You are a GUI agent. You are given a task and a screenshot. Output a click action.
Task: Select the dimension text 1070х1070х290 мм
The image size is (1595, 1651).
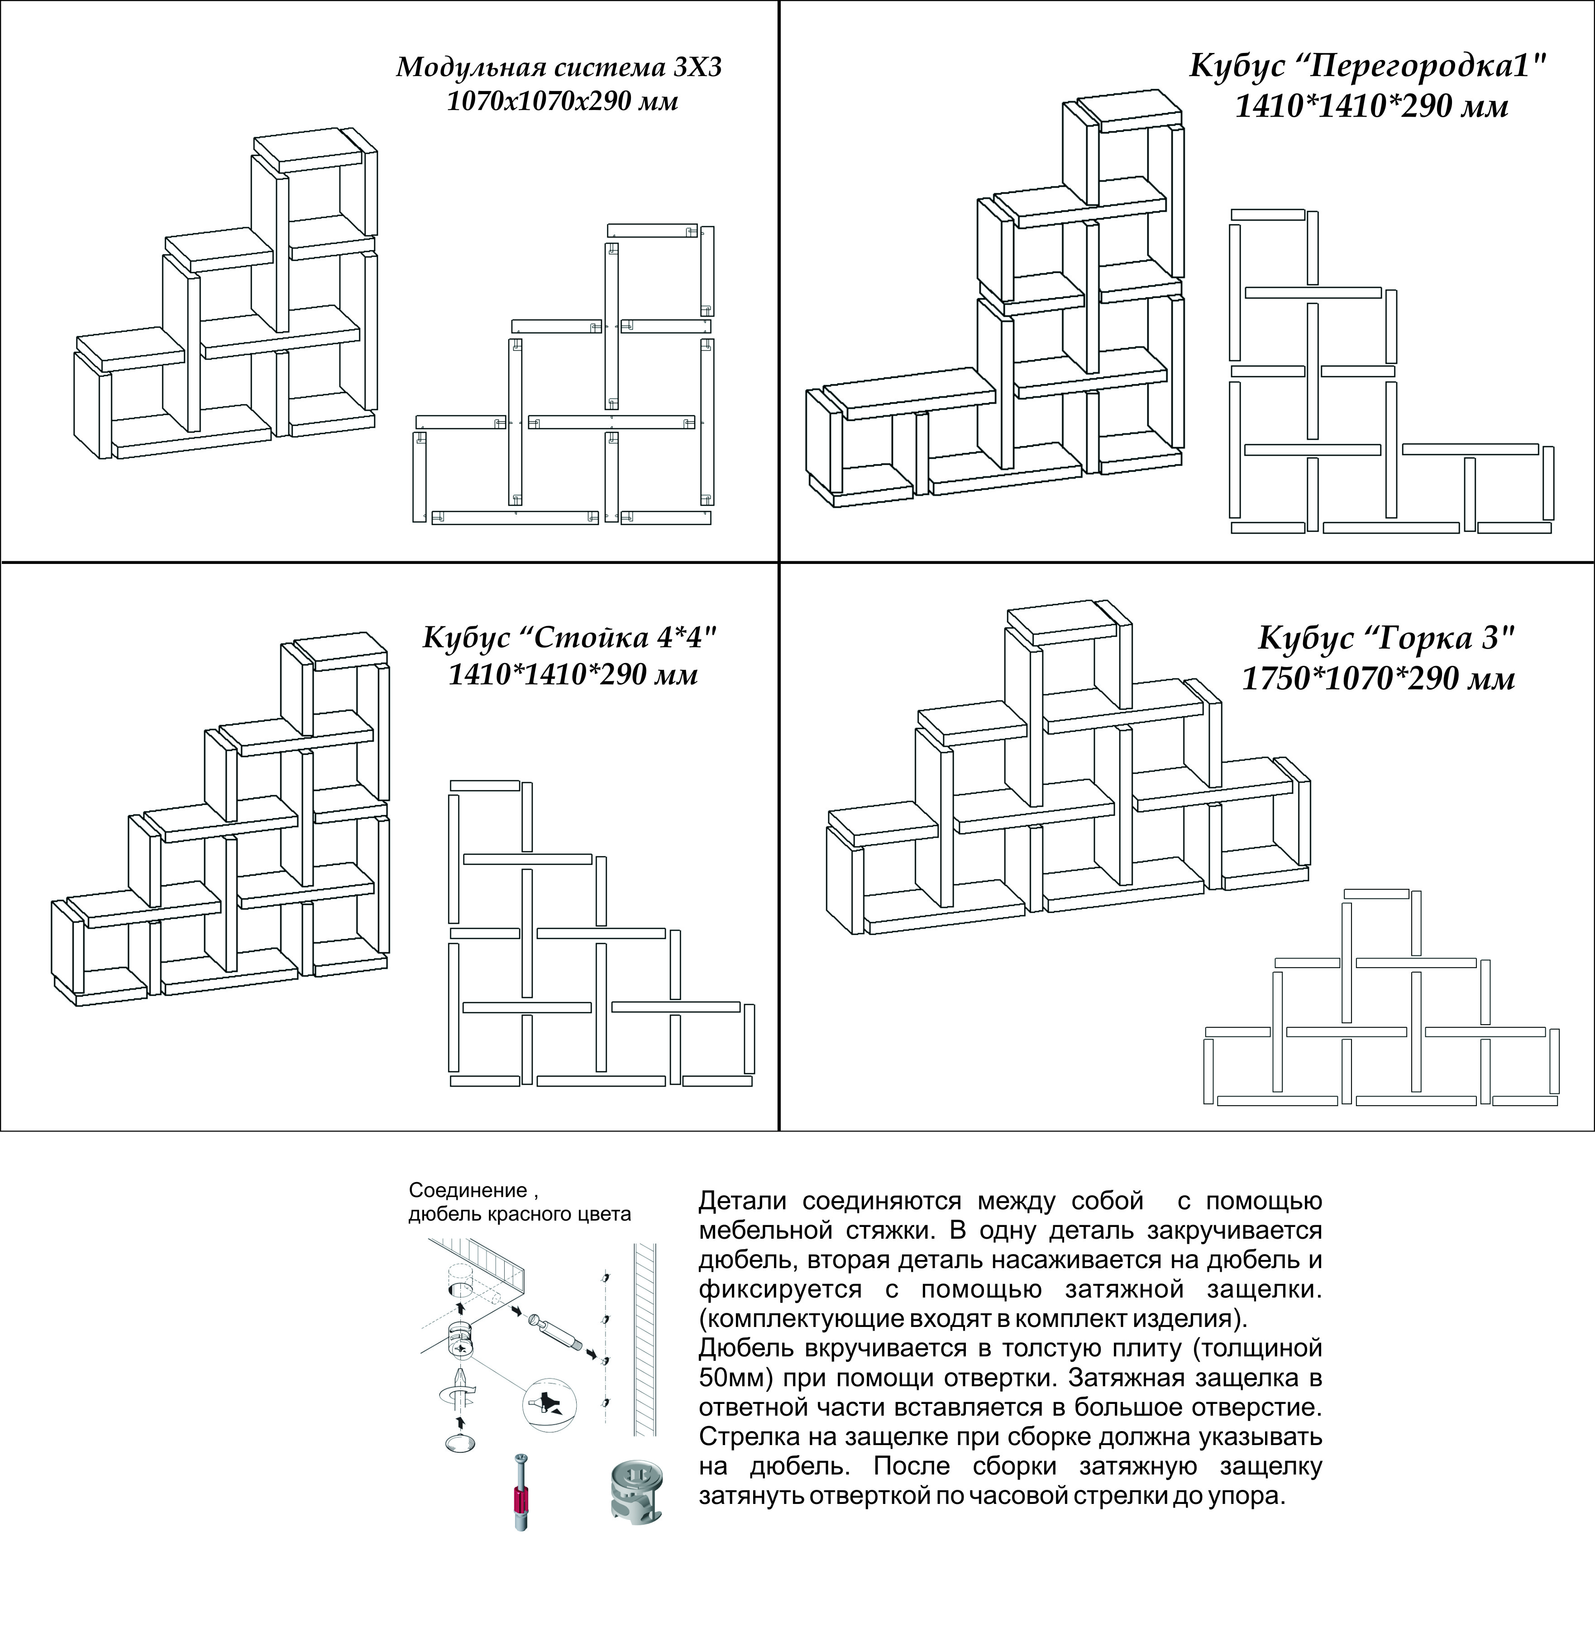click(562, 102)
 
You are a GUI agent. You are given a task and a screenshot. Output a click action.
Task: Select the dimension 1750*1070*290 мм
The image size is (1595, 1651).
click(1379, 678)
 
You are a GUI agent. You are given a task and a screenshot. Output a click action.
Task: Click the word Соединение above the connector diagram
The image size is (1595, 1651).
click(468, 1190)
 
